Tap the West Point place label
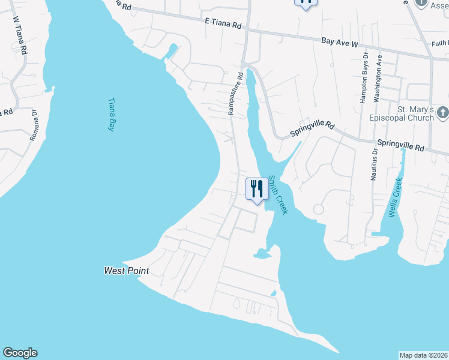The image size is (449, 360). coord(126,271)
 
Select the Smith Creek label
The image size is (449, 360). coord(279,194)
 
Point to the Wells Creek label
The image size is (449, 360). coord(394,199)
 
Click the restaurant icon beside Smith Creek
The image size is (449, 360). coord(257,189)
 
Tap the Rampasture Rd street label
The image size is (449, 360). coord(235,94)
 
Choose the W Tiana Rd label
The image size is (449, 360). coord(20,35)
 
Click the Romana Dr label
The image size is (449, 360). coord(34,125)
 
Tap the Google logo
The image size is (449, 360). coord(20,353)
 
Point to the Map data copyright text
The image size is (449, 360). coord(423,355)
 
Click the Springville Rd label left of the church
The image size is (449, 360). coord(312,128)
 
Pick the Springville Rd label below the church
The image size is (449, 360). coord(400,146)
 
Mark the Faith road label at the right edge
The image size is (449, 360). coord(440,44)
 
